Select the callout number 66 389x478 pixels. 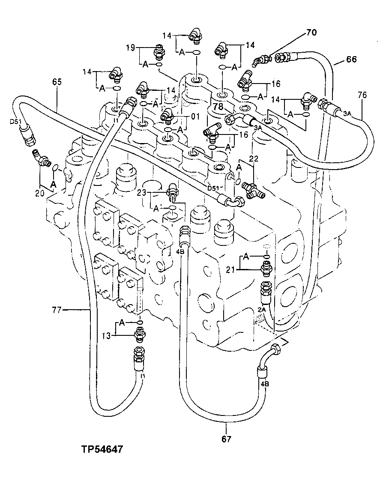(x=351, y=59)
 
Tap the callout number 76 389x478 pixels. (x=362, y=95)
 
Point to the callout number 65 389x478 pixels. (x=57, y=81)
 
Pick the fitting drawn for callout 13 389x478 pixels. (x=139, y=333)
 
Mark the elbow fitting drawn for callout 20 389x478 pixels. (x=42, y=159)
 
